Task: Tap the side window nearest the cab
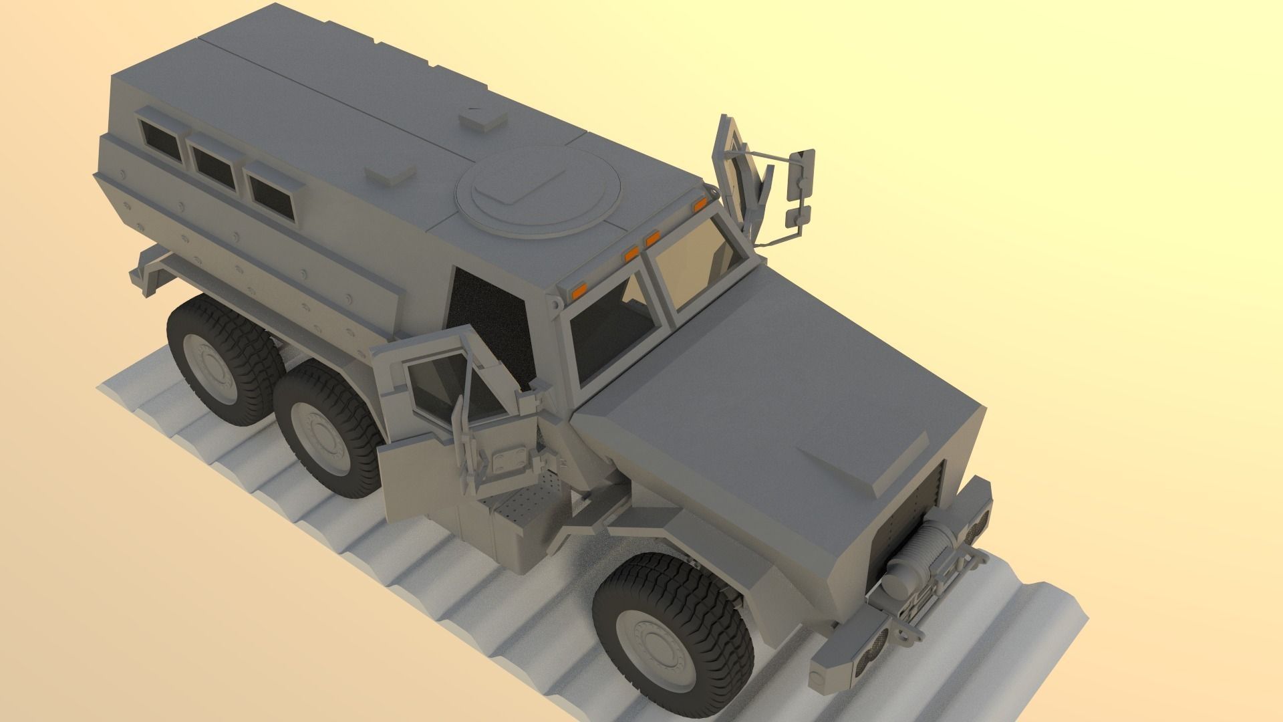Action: tap(270, 189)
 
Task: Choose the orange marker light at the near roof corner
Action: tap(579, 289)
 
